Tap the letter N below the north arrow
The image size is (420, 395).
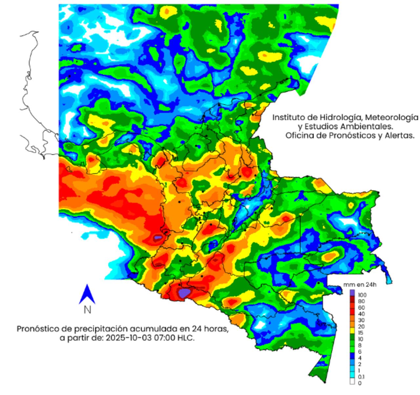(87, 309)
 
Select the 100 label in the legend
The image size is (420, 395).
(362, 295)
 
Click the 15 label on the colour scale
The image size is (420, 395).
(361, 333)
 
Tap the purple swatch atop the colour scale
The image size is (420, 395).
(352, 292)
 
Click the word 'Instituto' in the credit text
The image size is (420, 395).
(287, 117)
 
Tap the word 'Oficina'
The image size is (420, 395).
(298, 135)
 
